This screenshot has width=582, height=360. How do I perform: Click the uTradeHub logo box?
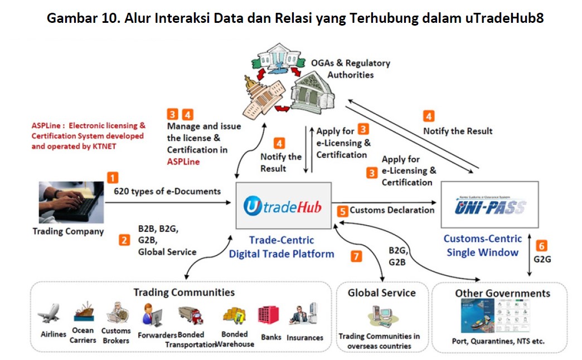283,205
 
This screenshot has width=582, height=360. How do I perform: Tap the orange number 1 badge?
113,178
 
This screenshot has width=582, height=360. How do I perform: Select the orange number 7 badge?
356,256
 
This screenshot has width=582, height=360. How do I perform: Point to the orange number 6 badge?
541,245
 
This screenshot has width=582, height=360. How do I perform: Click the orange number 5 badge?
342,211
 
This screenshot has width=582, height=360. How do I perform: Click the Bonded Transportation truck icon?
190,316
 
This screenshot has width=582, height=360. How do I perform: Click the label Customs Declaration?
392,210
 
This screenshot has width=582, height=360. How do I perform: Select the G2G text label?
542,259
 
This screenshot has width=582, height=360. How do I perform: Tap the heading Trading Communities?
183,292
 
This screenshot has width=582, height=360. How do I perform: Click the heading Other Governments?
502,293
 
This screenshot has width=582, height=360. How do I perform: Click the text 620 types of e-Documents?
167,191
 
